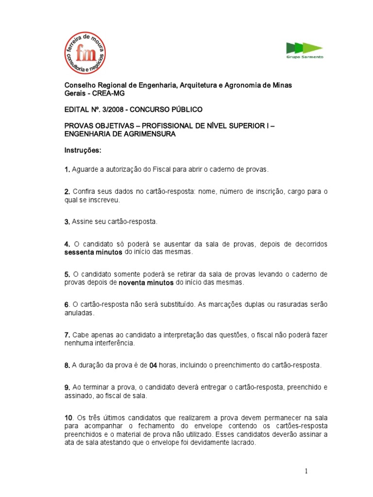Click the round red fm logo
85,53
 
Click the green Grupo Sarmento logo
304,50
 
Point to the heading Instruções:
83,150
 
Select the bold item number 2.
68,192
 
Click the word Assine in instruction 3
82,222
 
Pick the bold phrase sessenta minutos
94,252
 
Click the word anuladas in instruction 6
80,313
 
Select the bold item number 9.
68,388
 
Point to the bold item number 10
68,418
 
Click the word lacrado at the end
241,443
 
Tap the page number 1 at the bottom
307,471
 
